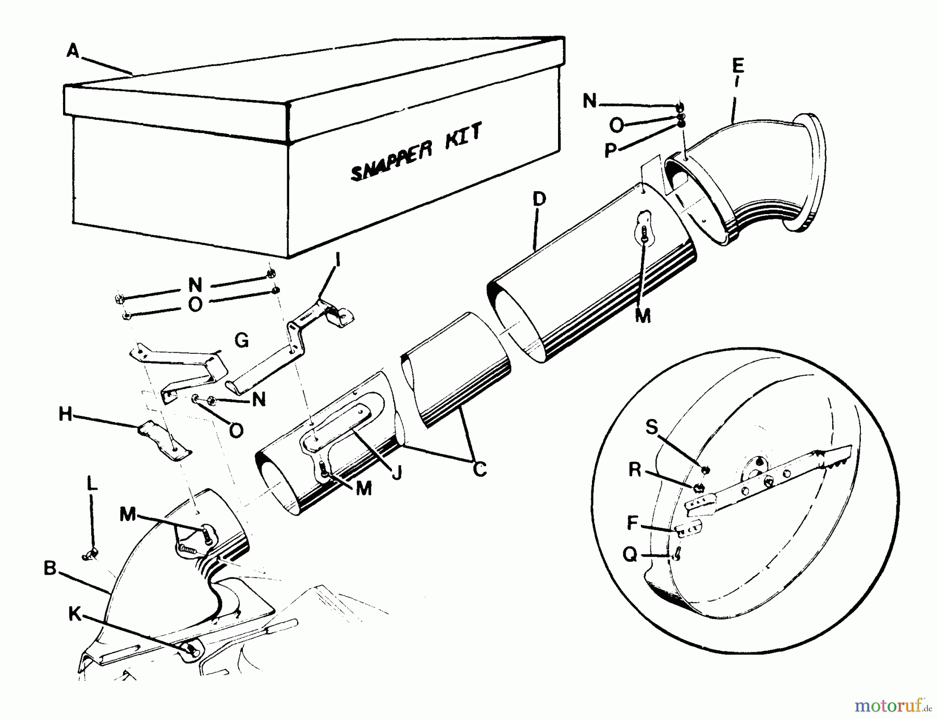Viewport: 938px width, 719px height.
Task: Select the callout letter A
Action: [73, 51]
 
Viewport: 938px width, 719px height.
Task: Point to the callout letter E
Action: [738, 66]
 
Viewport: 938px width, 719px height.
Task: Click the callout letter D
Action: [539, 199]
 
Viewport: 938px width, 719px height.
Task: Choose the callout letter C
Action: [479, 469]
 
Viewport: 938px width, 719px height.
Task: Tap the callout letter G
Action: [241, 341]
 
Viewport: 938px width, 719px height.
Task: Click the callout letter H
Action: [65, 415]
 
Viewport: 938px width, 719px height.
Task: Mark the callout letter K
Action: [75, 614]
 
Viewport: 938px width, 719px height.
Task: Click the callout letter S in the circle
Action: [652, 427]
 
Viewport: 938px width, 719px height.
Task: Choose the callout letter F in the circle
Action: [633, 522]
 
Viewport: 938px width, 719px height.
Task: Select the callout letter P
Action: [610, 151]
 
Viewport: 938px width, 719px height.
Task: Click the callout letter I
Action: [337, 259]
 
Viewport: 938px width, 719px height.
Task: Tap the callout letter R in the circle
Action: [635, 469]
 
